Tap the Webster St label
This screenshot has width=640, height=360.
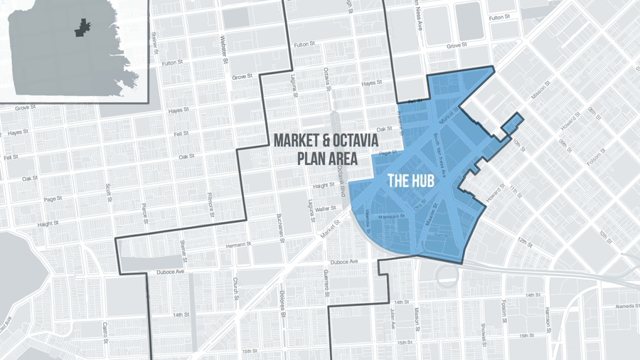tap(223, 48)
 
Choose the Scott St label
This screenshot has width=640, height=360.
tap(110, 194)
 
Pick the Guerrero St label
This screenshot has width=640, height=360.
tap(325, 285)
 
